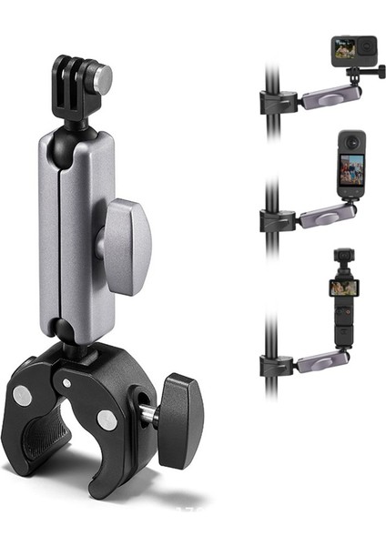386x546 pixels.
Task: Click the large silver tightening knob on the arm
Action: coord(126,246)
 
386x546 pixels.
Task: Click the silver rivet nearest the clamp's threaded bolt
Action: coord(107,420)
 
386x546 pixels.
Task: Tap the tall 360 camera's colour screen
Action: coord(351,167)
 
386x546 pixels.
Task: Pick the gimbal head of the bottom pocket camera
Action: coord(344,259)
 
